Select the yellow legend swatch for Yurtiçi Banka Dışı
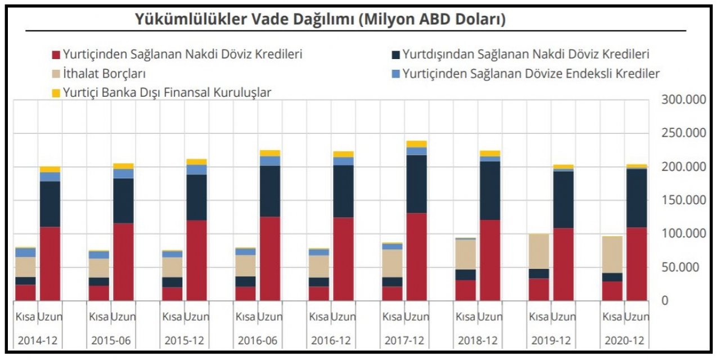55,93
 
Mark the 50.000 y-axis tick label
683,267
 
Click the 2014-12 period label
38,341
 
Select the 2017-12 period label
404,341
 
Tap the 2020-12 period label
624,341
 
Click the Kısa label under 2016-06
245,317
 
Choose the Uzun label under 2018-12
490,317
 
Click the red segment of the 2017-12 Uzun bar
416,256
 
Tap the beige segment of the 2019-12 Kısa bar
539,251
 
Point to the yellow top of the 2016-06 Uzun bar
269,153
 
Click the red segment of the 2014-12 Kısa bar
25,292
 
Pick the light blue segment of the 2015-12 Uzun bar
196,170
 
